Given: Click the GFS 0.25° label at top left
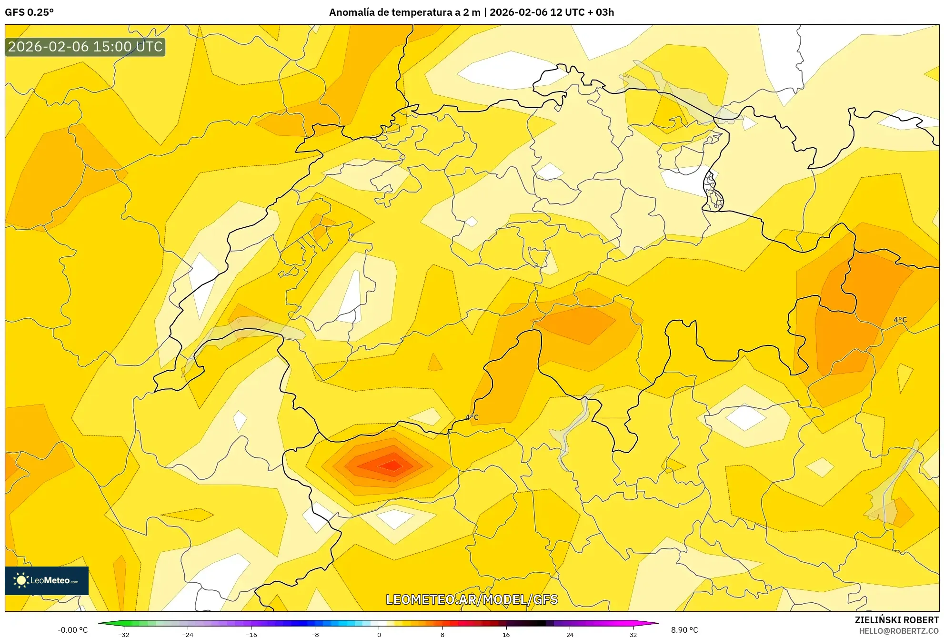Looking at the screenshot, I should pyautogui.click(x=29, y=12).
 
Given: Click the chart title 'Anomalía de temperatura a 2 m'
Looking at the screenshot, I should pyautogui.click(x=404, y=12).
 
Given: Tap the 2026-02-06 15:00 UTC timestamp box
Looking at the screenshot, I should pyautogui.click(x=85, y=47).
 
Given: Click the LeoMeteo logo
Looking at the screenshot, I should pyautogui.click(x=47, y=580).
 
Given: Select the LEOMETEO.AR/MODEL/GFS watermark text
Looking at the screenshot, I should pyautogui.click(x=472, y=599).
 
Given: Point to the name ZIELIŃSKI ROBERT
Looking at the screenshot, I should pyautogui.click(x=897, y=620).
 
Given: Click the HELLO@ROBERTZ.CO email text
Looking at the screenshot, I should pyautogui.click(x=899, y=631).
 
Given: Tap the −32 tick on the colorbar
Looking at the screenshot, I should pyautogui.click(x=124, y=634).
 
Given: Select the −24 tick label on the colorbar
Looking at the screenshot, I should pyautogui.click(x=188, y=634).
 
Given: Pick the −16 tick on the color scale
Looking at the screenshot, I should pyautogui.click(x=251, y=634).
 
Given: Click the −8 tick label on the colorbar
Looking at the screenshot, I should pyautogui.click(x=315, y=634).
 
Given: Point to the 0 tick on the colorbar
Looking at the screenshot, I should pyautogui.click(x=379, y=634).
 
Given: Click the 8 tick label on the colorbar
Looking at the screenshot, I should pyautogui.click(x=442, y=634).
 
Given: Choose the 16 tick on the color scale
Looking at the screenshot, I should pyautogui.click(x=506, y=634).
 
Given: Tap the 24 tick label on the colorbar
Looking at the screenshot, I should pyautogui.click(x=570, y=634).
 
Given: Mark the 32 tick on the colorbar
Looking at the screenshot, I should pyautogui.click(x=633, y=634).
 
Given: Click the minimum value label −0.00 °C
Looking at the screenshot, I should pyautogui.click(x=72, y=630).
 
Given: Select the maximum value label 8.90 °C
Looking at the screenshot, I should pyautogui.click(x=684, y=630).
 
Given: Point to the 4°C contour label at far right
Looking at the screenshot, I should pyautogui.click(x=900, y=320).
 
